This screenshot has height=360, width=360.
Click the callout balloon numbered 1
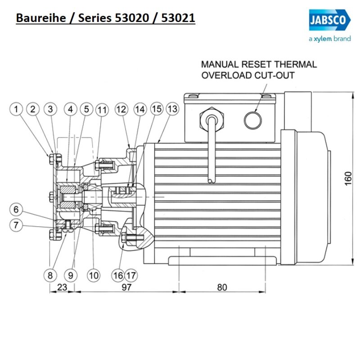point(17,109)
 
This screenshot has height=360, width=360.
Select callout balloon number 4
point(70,109)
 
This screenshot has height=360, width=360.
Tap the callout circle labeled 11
point(102,109)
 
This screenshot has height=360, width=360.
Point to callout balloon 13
point(172,109)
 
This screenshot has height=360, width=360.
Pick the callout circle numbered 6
point(17,209)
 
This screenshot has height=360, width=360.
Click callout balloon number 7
point(17,225)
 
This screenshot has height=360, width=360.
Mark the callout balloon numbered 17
point(131,274)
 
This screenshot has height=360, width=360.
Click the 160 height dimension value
point(347,178)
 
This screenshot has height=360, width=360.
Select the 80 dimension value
point(222,287)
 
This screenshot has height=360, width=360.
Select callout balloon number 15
point(156,109)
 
